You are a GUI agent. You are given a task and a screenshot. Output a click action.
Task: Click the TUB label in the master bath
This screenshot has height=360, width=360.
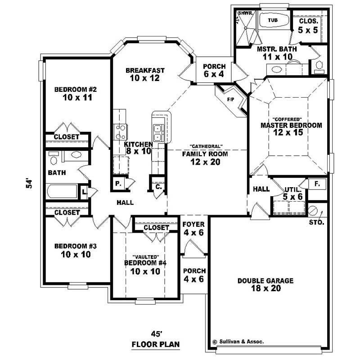click(273, 20)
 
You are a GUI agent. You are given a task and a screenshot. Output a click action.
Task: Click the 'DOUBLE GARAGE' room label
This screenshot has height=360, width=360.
click(265, 281)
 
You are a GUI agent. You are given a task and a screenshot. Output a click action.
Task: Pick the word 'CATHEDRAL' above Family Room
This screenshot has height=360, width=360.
click(205, 147)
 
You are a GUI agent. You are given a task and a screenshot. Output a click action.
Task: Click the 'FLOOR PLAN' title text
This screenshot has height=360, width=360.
click(155, 345)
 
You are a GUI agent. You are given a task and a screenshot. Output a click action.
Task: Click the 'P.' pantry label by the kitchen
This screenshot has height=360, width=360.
click(118, 184)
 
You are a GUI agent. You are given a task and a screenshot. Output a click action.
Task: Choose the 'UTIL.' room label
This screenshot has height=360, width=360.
click(291, 189)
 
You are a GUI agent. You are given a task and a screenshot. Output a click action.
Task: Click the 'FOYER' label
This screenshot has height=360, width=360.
click(193, 224)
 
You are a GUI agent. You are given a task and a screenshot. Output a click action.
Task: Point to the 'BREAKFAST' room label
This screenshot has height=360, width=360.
click(145, 70)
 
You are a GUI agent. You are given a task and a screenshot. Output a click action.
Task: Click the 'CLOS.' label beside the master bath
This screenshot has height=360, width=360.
click(309, 21)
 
